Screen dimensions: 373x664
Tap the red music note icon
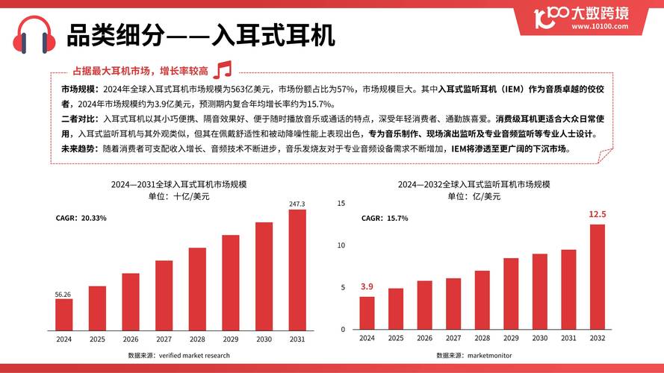click(x=223, y=70)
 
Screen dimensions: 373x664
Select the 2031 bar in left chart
click(x=297, y=269)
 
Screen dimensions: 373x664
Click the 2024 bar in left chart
click(x=64, y=313)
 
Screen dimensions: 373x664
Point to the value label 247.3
click(x=297, y=204)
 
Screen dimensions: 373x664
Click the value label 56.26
click(x=63, y=294)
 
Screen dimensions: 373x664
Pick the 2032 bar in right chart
click(x=598, y=277)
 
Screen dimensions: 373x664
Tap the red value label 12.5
click(x=598, y=215)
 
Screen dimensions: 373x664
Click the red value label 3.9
click(x=367, y=286)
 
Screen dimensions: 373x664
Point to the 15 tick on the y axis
click(x=341, y=203)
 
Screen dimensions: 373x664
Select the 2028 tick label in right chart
click(x=483, y=338)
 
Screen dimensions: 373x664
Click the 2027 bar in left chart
click(x=164, y=295)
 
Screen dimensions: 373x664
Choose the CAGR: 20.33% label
click(x=81, y=218)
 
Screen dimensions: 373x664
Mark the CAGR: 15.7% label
click(x=385, y=219)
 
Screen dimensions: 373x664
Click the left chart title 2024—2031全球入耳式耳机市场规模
click(x=179, y=184)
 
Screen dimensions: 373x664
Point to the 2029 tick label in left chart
click(x=230, y=338)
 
